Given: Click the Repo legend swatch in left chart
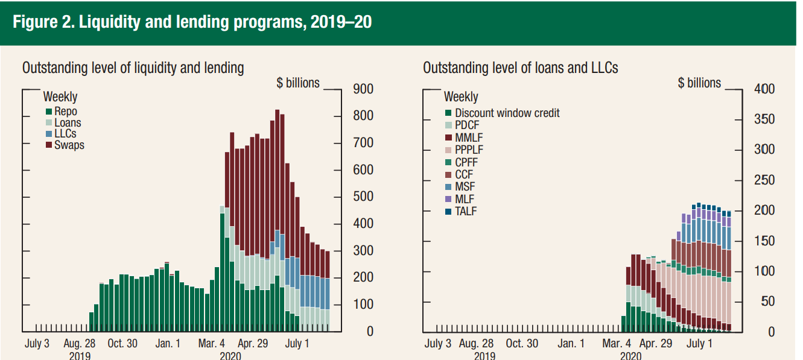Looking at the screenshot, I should [49, 112].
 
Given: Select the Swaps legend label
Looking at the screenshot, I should [69, 145].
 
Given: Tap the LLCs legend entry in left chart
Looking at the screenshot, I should [65, 134].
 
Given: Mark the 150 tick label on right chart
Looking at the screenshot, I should [764, 241].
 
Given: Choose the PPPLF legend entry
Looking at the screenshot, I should [469, 150].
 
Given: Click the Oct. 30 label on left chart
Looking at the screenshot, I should [123, 344].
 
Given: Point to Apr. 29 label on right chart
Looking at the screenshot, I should [655, 344].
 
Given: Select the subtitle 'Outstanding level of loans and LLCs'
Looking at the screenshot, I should [521, 68].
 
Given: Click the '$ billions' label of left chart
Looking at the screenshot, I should [298, 83].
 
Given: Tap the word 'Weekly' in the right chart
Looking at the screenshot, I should [461, 96].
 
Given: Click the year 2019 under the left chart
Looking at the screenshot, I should [80, 356].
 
